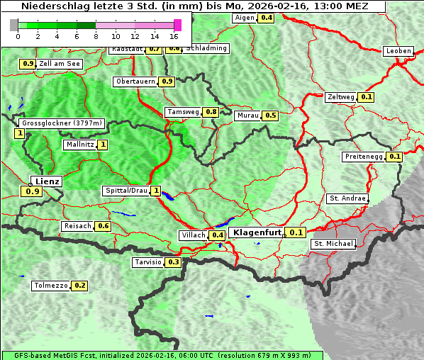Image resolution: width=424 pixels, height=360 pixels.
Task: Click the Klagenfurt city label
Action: [x=258, y=232]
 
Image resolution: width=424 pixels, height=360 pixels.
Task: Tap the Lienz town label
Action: [x=47, y=181]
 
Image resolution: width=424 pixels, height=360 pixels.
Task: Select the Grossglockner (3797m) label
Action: [x=62, y=123]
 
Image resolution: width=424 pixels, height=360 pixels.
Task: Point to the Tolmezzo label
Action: [x=51, y=286]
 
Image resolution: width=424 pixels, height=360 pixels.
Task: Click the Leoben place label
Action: [x=398, y=51]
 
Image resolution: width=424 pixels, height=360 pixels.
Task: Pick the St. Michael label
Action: [x=333, y=244]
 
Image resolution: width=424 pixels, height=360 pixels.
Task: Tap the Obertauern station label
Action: [x=135, y=81]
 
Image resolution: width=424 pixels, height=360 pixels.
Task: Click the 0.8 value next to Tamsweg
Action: [x=211, y=112]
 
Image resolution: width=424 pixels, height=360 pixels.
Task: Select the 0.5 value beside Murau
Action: [x=270, y=115]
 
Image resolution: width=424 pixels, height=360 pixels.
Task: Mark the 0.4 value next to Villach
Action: [x=218, y=235]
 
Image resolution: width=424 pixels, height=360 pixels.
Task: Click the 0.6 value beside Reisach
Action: [x=104, y=226]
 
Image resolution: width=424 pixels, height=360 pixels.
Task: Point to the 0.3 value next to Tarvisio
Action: [x=174, y=262]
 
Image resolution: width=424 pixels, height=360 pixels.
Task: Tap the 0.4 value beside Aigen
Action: [x=267, y=18]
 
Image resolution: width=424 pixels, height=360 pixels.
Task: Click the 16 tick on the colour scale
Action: [x=174, y=35]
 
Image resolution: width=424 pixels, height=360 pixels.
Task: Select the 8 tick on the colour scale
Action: [x=95, y=35]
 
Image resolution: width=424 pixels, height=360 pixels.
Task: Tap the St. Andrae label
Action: [x=347, y=198]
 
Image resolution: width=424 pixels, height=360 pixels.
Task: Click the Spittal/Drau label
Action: [x=125, y=191]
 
